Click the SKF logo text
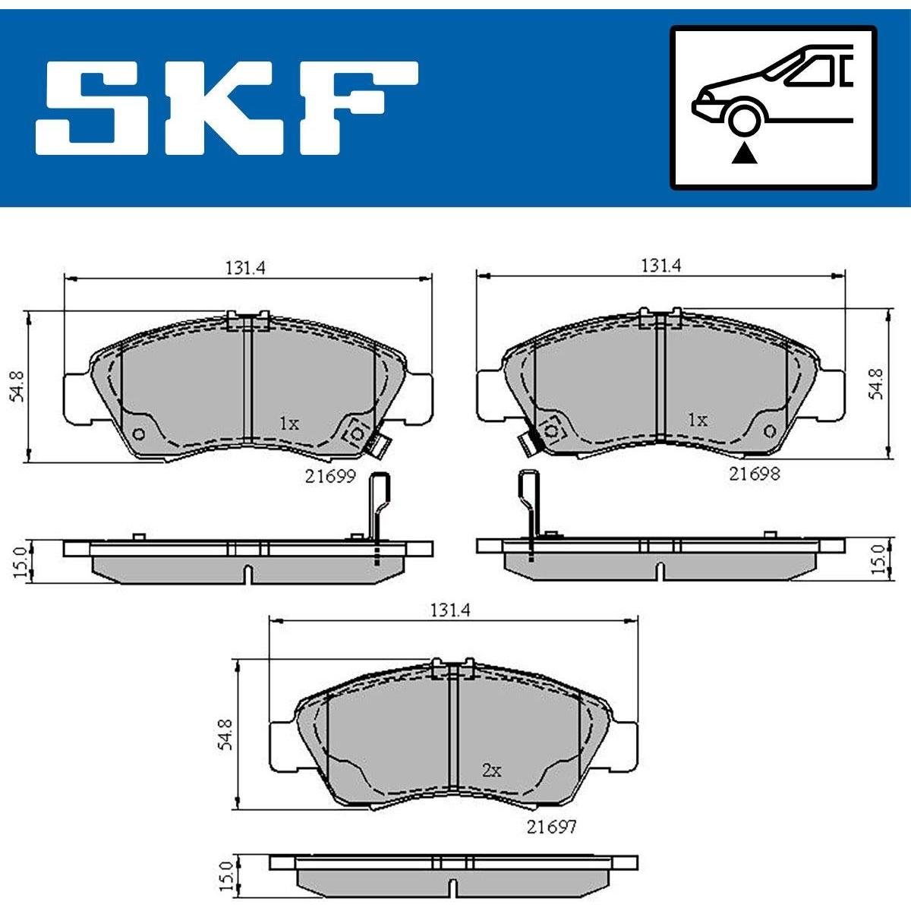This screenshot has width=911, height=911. pos(227,108)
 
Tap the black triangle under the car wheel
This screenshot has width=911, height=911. pos(744,153)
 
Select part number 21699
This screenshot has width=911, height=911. pos(330,476)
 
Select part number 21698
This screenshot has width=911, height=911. pos(754,473)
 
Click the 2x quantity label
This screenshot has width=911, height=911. pos(491,771)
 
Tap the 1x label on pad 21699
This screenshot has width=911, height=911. pos(288,424)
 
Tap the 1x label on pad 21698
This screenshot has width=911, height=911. pos(698,420)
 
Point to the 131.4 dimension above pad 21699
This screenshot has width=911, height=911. pos(245,269)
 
